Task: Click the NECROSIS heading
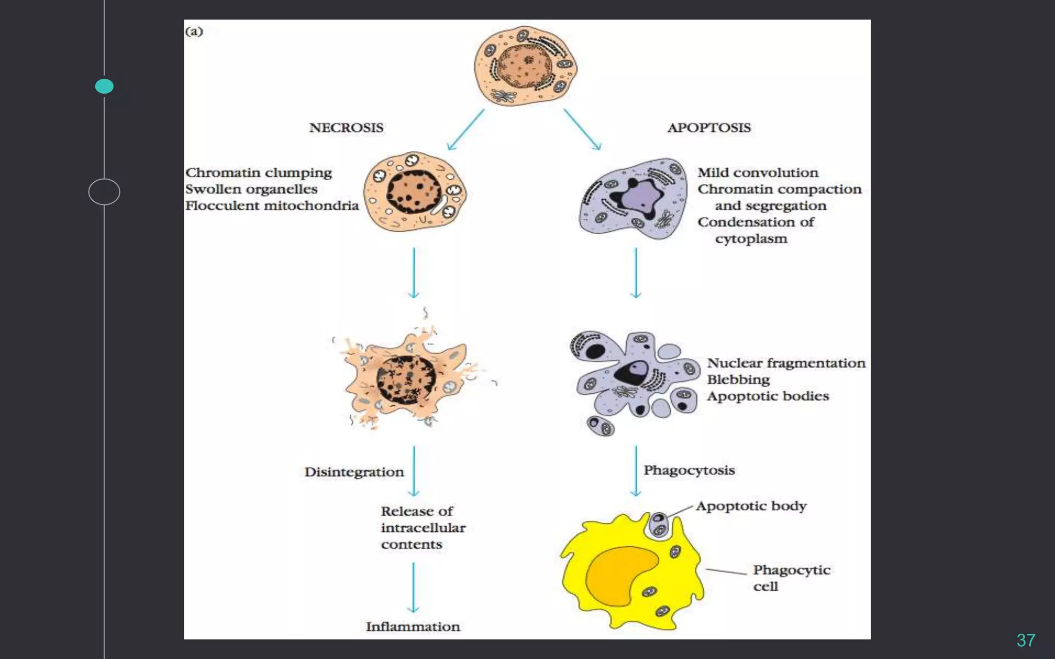[346, 128]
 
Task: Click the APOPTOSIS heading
[709, 128]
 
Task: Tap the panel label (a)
[194, 31]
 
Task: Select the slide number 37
[1025, 640]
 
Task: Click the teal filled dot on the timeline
[104, 86]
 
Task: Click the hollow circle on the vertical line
[104, 192]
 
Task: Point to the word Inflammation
[413, 627]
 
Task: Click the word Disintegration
[354, 472]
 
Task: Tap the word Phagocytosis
[689, 470]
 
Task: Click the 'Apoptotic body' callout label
[751, 506]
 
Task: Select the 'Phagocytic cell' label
[791, 578]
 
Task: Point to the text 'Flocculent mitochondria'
[271, 206]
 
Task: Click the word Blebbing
[738, 380]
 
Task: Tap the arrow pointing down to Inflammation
[413, 587]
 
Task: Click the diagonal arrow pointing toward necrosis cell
[466, 129]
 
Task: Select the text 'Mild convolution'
[757, 173]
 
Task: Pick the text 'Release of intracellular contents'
[422, 528]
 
